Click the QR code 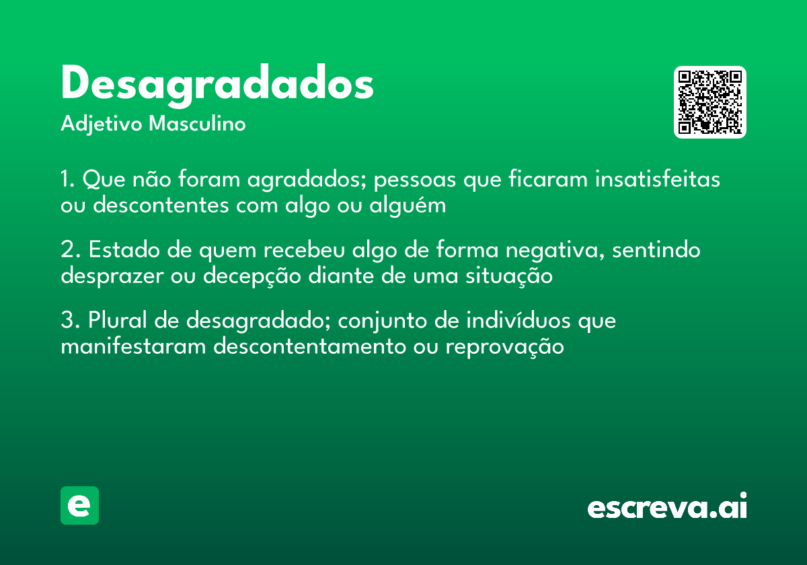[709, 102]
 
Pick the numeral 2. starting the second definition [70, 250]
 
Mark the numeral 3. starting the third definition [70, 321]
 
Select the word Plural [117, 321]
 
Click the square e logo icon [79, 505]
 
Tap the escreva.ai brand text [667, 507]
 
